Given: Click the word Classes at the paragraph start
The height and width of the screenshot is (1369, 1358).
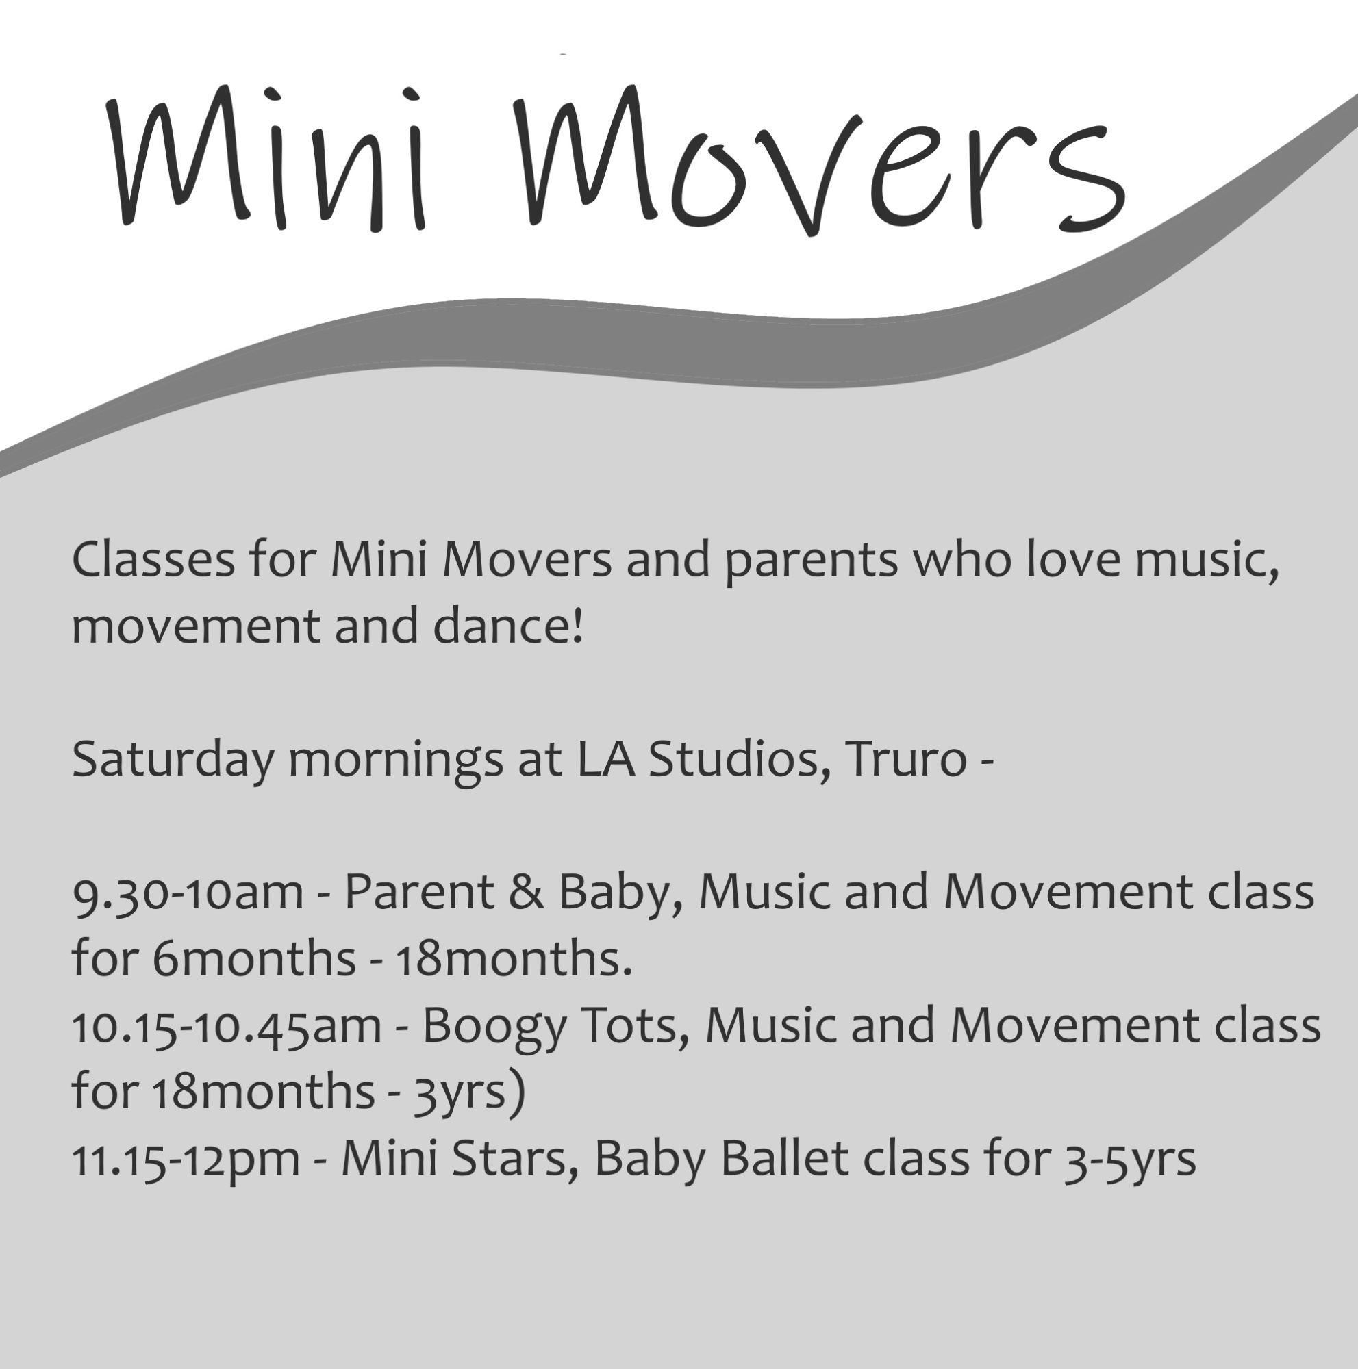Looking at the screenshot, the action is click(x=153, y=561).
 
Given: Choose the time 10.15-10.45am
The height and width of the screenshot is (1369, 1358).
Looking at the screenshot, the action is click(x=227, y=1026).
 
